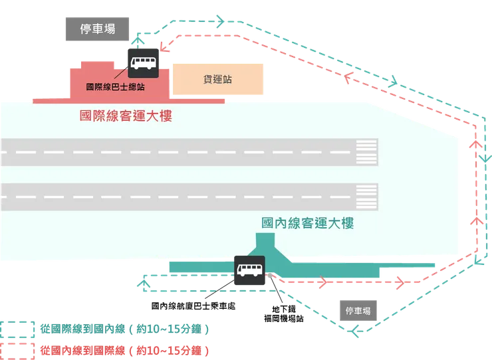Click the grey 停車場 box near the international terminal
(x=98, y=29)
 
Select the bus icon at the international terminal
(x=142, y=62)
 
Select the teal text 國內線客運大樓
(x=307, y=223)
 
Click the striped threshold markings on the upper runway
(x=367, y=152)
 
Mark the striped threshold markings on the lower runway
(x=367, y=196)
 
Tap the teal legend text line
(x=126, y=329)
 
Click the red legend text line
(x=126, y=350)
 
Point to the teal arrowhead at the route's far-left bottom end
(x=142, y=286)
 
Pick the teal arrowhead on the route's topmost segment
(x=218, y=18)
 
